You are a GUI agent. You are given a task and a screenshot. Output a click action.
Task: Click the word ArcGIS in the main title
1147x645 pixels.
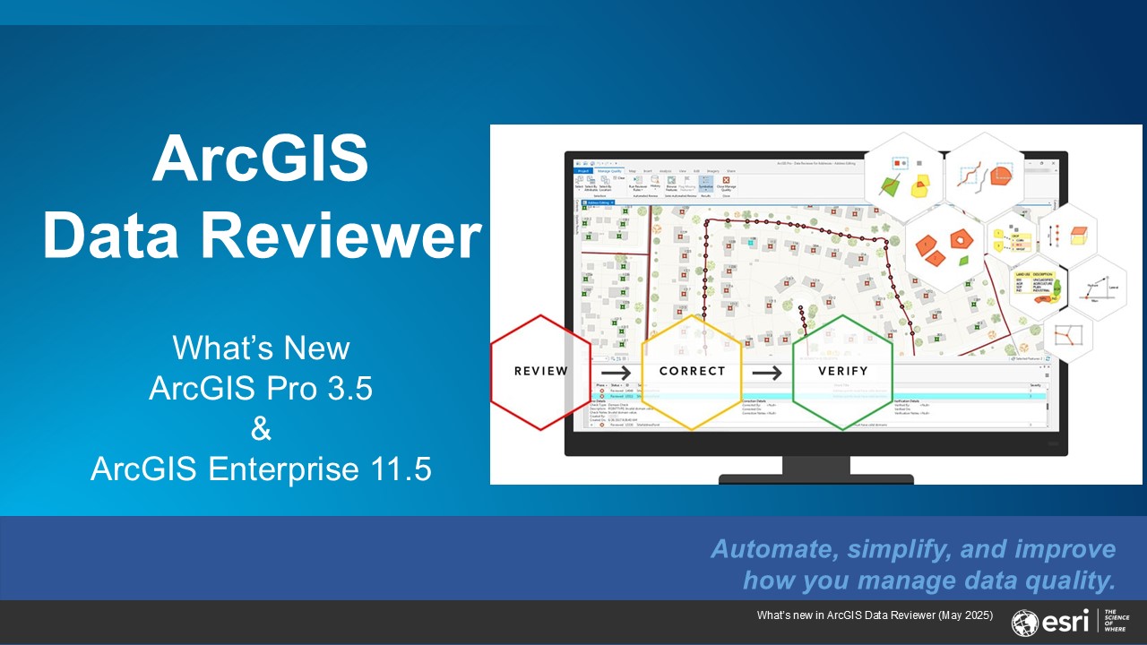click(x=261, y=159)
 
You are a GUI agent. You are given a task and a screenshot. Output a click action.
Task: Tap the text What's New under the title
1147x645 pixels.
click(x=261, y=348)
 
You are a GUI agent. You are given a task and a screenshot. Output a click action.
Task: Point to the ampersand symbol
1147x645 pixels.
click(x=261, y=429)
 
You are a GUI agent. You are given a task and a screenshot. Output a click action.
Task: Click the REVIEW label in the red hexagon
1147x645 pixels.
click(x=541, y=371)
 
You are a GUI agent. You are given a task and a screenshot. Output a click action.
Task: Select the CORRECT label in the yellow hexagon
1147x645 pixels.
click(x=691, y=371)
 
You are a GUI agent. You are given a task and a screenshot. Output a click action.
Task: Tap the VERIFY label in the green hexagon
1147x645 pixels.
click(x=842, y=371)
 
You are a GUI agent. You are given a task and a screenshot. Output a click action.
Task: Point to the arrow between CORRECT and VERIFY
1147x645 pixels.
click(x=766, y=371)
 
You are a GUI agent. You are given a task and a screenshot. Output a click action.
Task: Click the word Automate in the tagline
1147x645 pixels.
click(x=769, y=549)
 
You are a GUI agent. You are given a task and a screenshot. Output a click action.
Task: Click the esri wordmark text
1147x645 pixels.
click(x=1066, y=622)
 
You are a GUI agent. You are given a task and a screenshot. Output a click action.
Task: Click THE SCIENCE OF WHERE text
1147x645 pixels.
click(x=1117, y=622)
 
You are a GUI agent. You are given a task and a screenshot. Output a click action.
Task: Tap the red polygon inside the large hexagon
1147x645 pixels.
click(x=962, y=238)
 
